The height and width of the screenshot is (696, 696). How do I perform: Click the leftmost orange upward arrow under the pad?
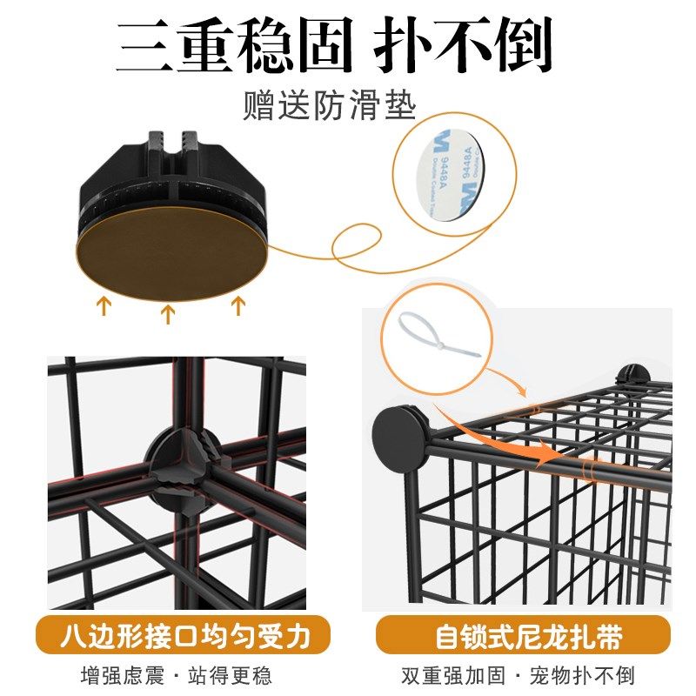coord(104,306)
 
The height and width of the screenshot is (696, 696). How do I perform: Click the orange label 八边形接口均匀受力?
coord(184,636)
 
